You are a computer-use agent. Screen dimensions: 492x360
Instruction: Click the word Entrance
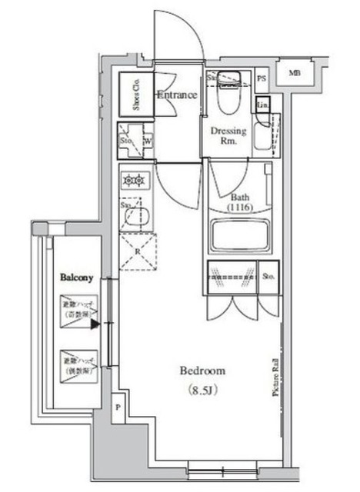point(176,95)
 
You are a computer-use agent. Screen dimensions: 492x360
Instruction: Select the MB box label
point(295,74)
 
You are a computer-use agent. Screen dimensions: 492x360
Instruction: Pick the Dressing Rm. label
point(228,136)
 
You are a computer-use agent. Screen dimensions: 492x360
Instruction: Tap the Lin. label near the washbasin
point(262,105)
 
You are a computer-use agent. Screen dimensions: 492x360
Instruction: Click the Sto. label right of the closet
point(268,276)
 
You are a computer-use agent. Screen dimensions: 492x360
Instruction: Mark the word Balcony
point(77,277)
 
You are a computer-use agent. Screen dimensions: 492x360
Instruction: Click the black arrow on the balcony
point(95,324)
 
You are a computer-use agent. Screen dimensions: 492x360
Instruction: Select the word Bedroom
point(202,371)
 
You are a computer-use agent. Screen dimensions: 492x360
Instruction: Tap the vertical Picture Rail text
point(275,376)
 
